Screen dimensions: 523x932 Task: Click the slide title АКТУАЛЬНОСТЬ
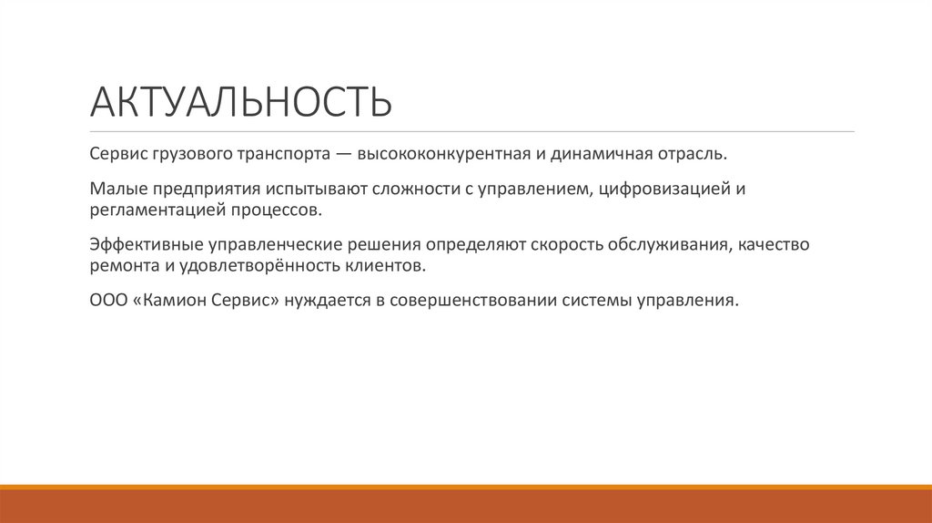tap(241, 102)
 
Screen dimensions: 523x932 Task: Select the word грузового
tap(189, 154)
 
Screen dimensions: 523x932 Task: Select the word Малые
tap(116, 191)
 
